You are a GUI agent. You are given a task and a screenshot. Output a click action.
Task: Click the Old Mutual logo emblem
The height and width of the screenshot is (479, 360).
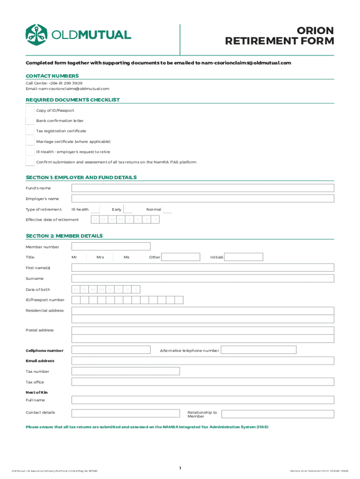click(37, 35)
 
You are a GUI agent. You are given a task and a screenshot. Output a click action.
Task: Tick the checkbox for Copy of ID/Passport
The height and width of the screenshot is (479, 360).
click(30, 110)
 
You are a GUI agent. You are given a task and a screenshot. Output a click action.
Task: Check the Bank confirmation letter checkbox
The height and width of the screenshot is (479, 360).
click(30, 121)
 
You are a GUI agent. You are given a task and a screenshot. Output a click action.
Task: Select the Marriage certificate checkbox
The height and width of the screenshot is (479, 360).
click(30, 141)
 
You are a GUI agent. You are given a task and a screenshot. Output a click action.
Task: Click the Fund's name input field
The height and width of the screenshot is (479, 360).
click(202, 188)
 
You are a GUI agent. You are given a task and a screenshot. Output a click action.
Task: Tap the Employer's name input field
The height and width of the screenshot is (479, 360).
click(202, 199)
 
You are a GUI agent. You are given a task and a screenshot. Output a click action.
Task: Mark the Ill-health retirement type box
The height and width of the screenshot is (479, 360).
click(95, 210)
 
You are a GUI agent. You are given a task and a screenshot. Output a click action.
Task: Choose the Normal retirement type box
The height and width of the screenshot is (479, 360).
click(167, 210)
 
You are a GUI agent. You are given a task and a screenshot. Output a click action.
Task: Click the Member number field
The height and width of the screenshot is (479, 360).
click(111, 247)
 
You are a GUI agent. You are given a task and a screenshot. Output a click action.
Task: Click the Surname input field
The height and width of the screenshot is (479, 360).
click(202, 278)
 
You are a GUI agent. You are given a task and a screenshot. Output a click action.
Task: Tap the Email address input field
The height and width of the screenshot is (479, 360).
click(202, 361)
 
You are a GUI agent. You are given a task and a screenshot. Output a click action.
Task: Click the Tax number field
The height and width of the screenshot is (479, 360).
click(125, 371)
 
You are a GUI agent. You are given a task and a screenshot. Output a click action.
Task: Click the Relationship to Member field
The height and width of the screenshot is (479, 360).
click(277, 414)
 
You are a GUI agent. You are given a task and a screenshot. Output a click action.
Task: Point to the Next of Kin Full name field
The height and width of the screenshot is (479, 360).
click(202, 400)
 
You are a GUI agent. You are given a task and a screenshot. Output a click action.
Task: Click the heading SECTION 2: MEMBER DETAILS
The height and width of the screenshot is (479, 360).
click(64, 236)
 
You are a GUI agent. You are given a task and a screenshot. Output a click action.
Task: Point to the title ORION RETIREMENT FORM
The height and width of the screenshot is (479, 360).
click(280, 36)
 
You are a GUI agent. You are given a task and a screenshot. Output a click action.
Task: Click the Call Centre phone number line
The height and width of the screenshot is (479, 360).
click(54, 83)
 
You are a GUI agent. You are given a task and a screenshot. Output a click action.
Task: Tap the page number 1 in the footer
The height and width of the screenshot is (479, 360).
click(180, 468)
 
